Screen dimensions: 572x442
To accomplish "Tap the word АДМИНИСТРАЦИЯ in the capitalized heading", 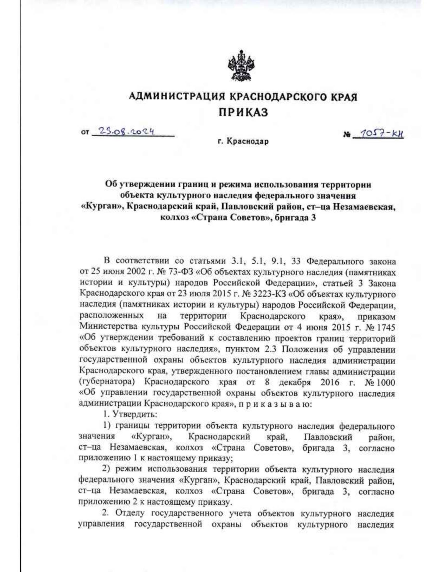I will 177,97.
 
